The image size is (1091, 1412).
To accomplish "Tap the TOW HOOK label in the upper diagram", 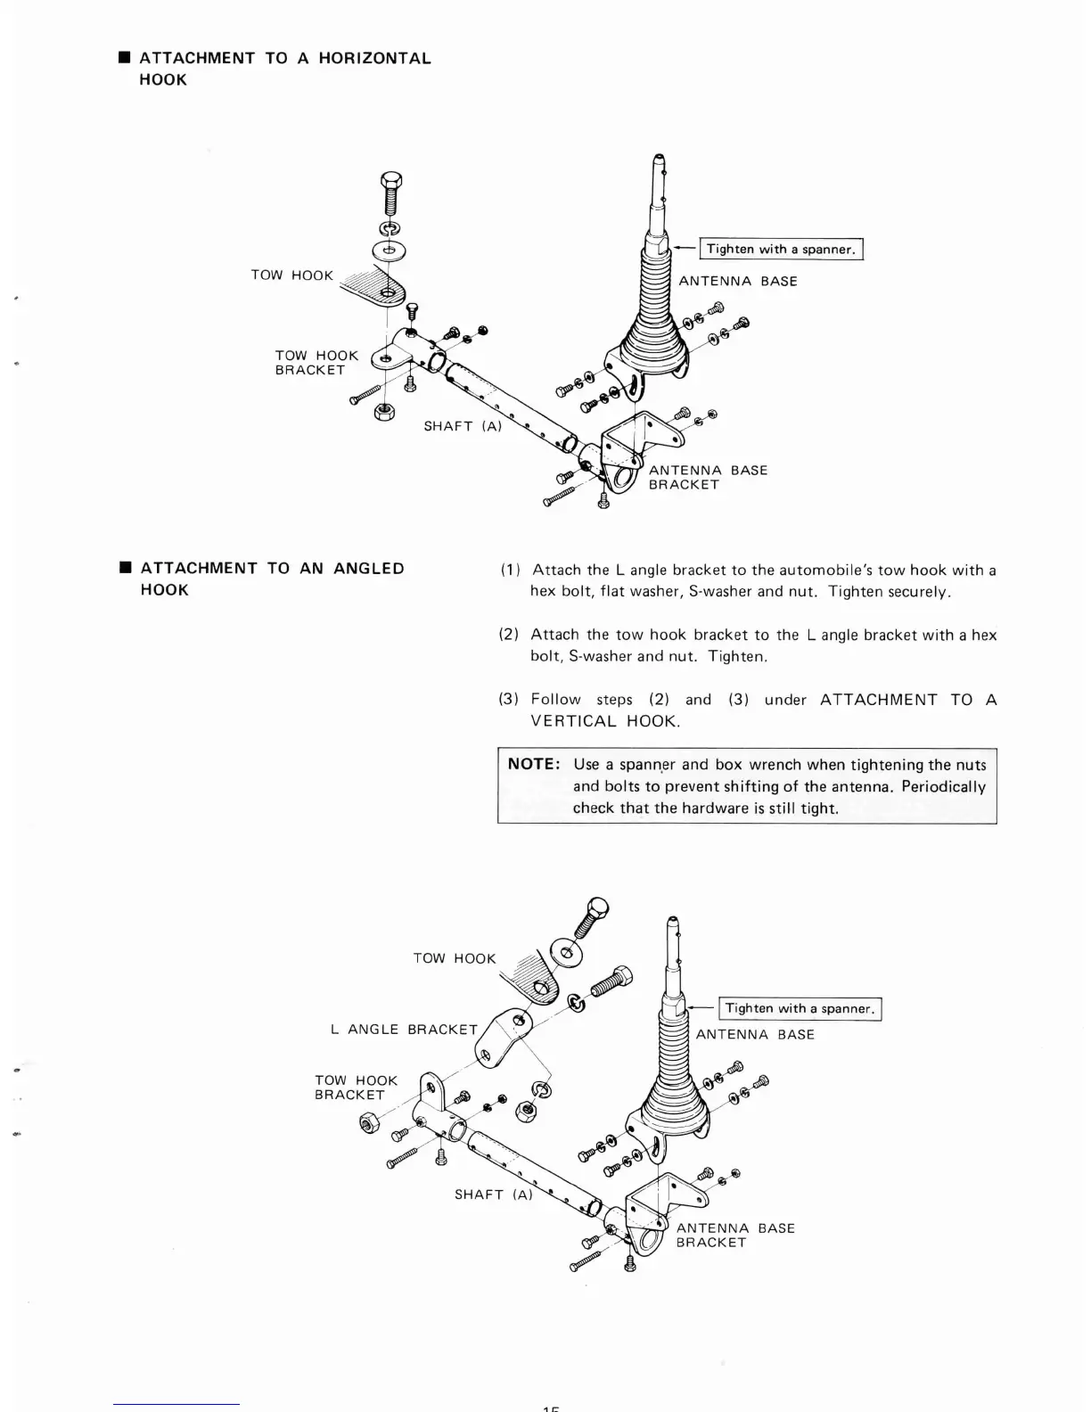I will click(291, 275).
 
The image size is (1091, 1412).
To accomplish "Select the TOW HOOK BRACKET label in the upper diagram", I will click(316, 363).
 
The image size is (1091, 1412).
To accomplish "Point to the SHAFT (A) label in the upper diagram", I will click(463, 426).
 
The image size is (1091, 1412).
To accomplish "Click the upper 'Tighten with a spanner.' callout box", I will click(782, 250).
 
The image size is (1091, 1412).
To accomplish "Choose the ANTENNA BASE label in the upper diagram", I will click(738, 282).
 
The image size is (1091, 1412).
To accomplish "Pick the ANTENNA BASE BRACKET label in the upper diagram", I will click(708, 478).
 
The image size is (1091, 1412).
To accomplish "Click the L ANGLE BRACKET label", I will click(404, 1030).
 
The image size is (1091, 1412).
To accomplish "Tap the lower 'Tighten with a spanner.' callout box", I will click(800, 1009).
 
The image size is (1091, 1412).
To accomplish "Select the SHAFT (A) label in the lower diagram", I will click(493, 1194).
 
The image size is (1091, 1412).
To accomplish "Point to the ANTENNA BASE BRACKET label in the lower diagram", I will click(735, 1235).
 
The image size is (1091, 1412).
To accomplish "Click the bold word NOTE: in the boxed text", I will click(534, 765).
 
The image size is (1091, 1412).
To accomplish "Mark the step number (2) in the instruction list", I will click(509, 636).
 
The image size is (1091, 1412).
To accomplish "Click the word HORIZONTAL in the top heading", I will click(374, 59).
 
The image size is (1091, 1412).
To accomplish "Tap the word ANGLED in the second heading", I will click(369, 569).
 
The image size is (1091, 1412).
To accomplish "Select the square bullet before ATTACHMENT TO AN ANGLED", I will click(126, 569).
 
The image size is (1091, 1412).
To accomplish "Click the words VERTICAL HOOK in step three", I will click(604, 721).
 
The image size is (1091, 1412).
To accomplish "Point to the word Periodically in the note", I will click(944, 787).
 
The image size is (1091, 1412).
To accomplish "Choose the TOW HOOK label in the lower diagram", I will click(454, 959).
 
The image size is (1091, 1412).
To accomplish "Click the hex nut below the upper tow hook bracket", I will click(385, 412).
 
